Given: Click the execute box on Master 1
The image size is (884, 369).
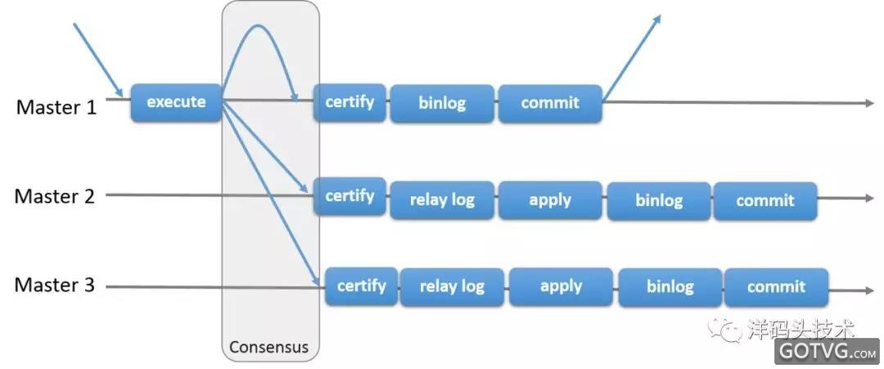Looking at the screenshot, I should [x=176, y=102].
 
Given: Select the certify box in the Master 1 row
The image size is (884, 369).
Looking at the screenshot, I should [x=350, y=102].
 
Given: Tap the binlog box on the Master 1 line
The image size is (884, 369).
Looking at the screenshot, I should [x=442, y=103].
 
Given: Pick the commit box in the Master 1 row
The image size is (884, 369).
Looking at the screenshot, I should [x=550, y=103].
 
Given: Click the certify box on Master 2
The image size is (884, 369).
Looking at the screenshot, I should [x=350, y=196].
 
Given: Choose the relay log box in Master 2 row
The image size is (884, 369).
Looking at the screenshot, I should [x=442, y=200].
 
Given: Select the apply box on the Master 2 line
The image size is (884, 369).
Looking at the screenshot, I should [x=550, y=200].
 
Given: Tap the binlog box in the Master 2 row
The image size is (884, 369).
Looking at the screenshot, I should [x=658, y=200].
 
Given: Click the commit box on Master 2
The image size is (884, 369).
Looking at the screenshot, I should [x=765, y=200].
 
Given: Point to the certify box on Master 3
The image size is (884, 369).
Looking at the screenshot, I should [x=361, y=286].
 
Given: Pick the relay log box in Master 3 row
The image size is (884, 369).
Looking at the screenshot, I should [x=452, y=286].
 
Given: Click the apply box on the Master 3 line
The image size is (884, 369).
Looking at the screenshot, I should [x=561, y=286].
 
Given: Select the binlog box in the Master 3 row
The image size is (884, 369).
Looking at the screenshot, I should [x=670, y=287].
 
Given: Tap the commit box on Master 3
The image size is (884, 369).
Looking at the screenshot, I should [x=776, y=287].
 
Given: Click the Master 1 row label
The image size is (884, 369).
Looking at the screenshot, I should [x=56, y=106].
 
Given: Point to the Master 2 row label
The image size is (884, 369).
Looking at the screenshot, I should [x=55, y=196].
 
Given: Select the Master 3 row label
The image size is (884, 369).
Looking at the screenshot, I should [x=55, y=286].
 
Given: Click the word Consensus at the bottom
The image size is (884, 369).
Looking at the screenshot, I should [x=268, y=347].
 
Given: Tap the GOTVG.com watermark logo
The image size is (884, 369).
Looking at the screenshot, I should [x=828, y=352].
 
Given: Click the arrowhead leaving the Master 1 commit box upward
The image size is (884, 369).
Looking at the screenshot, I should [x=656, y=20].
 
